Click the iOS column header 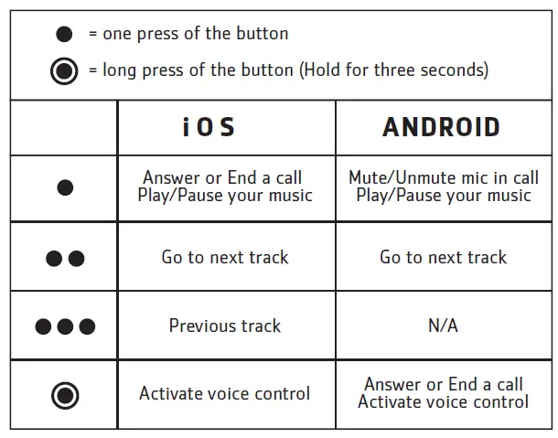209,127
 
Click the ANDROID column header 442,127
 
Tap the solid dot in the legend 64,35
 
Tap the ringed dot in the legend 64,70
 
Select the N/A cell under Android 443,326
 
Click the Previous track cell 225,326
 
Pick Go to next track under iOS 225,257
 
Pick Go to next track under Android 443,257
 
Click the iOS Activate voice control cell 225,394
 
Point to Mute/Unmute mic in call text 444,178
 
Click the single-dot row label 65,188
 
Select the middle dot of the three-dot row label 65,326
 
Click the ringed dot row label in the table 65,396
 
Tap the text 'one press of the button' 195,34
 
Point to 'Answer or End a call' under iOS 222,178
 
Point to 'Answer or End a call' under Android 444,385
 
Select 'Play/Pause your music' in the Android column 444,196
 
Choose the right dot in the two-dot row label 77,259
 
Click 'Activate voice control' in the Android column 444,402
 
